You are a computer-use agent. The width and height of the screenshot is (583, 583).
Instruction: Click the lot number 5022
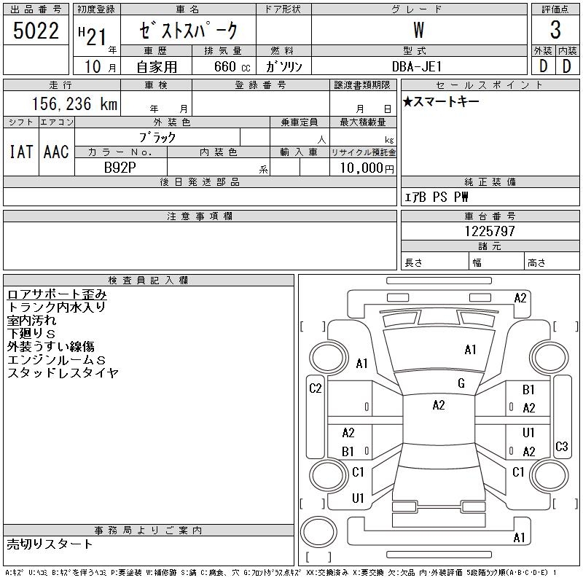pos(36,31)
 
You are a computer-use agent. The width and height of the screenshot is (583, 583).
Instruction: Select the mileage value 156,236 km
pos(75,103)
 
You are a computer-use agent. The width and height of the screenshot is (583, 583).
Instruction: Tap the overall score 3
pos(555,30)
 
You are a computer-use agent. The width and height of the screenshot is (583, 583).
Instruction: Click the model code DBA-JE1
pos(417,66)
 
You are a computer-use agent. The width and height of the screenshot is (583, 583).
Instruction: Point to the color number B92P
pos(120,168)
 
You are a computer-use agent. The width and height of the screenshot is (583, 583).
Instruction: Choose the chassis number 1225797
pos(490,231)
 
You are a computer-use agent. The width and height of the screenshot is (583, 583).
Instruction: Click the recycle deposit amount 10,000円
pos(367,168)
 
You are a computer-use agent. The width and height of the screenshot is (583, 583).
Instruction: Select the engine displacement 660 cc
pos(232,66)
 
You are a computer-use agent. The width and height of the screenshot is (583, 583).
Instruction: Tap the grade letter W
pos(418,30)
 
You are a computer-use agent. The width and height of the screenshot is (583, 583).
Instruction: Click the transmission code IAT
pos(21,152)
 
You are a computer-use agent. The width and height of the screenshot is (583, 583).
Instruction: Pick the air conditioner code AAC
pos(56,152)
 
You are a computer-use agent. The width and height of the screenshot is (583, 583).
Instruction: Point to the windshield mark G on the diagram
pos(461,383)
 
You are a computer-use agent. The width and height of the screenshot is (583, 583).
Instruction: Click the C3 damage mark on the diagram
pos(561,446)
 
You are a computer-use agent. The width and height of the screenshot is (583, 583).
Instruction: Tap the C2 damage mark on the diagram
pos(316,388)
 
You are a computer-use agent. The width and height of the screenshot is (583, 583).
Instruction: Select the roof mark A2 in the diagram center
pos(439,405)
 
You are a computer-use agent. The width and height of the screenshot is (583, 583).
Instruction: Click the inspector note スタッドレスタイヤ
pos(63,372)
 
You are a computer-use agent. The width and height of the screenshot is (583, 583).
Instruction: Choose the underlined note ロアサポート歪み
pos(57,294)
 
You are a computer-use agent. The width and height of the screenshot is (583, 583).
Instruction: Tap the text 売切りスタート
pos(50,544)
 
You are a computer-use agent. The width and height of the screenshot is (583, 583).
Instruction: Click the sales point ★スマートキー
pos(441,101)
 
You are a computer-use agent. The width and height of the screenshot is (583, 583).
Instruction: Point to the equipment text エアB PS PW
pos(436,197)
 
